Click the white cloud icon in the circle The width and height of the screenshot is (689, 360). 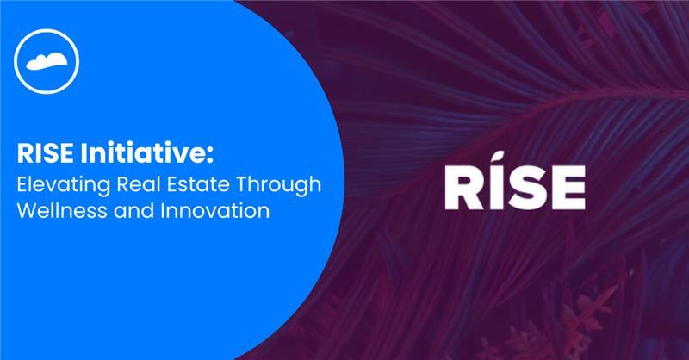click(47, 62)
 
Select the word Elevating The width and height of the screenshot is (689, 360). click(63, 185)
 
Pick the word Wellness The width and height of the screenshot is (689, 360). click(61, 210)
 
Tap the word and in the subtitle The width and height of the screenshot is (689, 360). click(133, 210)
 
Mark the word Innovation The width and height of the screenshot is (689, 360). click(214, 210)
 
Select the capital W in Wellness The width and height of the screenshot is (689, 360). click(28, 211)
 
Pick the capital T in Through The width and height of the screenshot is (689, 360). click(244, 184)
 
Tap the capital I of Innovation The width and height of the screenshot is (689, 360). click(163, 211)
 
